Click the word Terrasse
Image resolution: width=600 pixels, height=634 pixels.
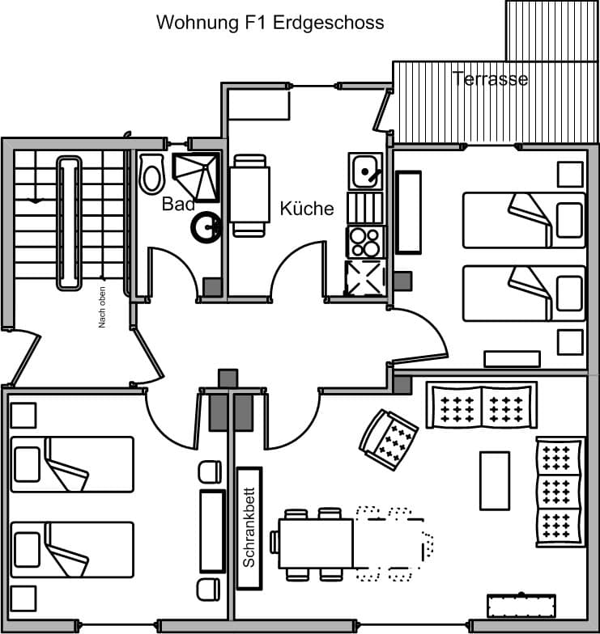pyautogui.click(x=491, y=78)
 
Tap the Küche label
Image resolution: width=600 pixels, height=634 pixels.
pyautogui.click(x=307, y=209)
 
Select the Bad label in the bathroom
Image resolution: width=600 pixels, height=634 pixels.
pyautogui.click(x=178, y=204)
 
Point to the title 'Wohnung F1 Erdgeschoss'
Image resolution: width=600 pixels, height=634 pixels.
pyautogui.click(x=270, y=23)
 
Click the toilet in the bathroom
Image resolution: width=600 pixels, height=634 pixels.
pyautogui.click(x=151, y=174)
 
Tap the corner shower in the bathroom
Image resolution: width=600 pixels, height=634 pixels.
pyautogui.click(x=197, y=175)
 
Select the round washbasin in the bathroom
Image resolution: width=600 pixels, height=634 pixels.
pyautogui.click(x=207, y=227)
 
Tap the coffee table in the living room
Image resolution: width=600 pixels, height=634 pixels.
pyautogui.click(x=494, y=480)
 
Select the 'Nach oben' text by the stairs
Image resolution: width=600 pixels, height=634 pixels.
pyautogui.click(x=102, y=308)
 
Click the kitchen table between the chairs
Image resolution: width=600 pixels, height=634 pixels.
pyautogui.click(x=249, y=195)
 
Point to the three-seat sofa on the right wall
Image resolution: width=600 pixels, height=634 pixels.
pyautogui.click(x=560, y=492)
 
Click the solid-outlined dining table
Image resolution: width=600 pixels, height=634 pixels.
pyautogui.click(x=316, y=543)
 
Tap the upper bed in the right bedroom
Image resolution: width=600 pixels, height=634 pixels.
pyautogui.click(x=524, y=220)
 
